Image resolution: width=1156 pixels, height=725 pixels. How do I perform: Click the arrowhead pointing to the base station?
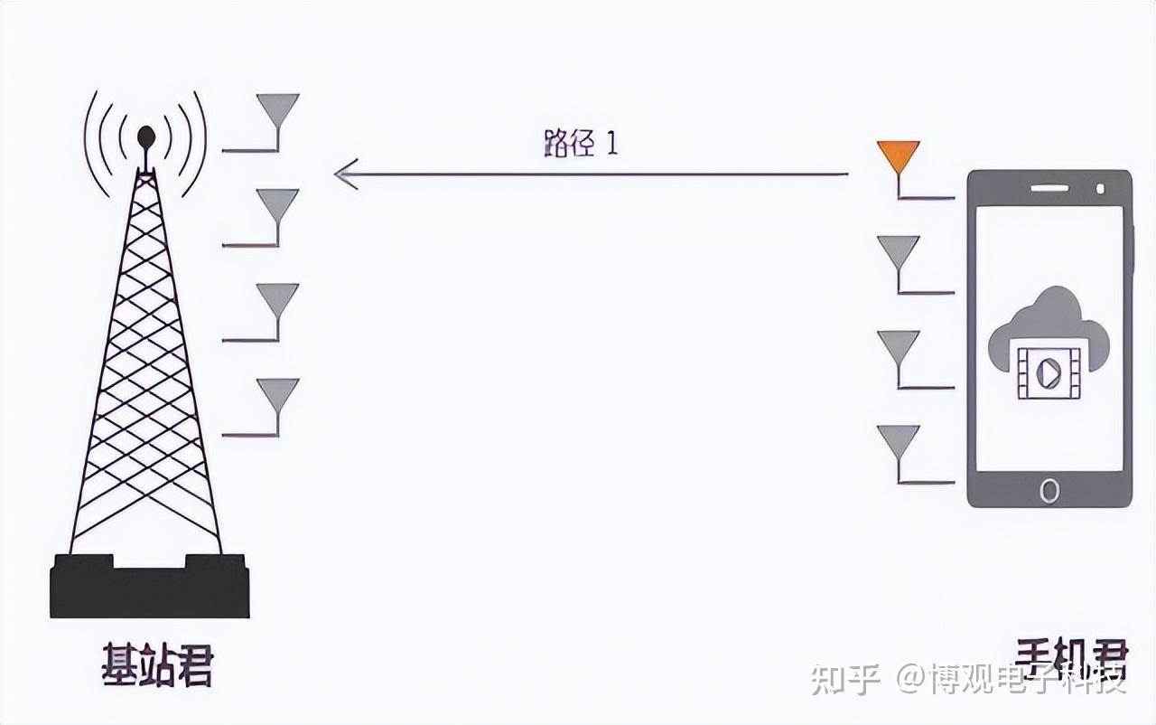346,174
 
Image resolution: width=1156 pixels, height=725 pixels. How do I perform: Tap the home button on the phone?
1049,490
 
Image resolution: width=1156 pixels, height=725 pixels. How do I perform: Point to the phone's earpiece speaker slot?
1049,188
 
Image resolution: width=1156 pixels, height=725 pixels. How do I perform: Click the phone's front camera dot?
1100,188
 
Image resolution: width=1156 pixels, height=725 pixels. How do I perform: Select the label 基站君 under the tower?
158,666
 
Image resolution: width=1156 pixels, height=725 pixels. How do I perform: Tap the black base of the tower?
149,588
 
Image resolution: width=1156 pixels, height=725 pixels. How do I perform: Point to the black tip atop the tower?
145,137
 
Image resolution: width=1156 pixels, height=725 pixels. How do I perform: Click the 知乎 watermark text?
844,678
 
